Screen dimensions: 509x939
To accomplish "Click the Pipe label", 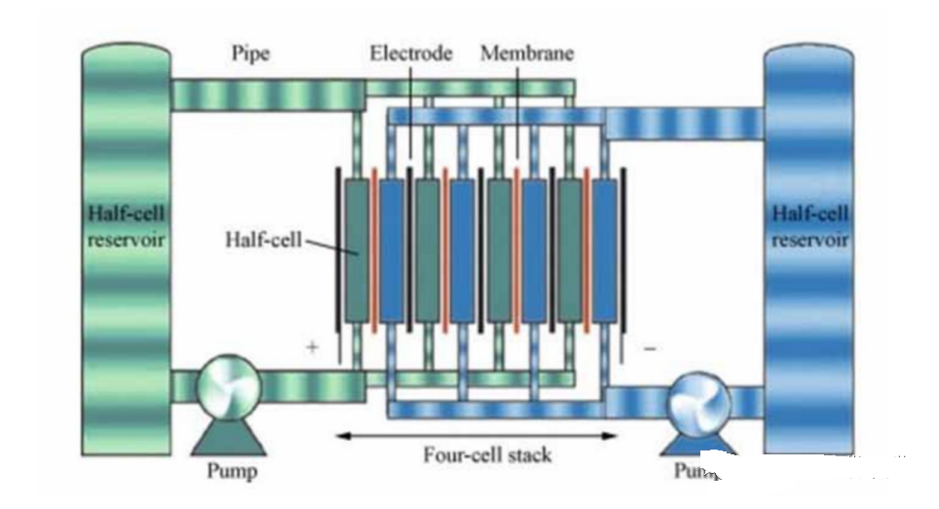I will pyautogui.click(x=250, y=54).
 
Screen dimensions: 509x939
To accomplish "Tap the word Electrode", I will pyautogui.click(x=410, y=54).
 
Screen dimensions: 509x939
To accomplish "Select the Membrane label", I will pyautogui.click(x=527, y=54).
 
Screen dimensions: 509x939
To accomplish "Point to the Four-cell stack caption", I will pyautogui.click(x=473, y=454).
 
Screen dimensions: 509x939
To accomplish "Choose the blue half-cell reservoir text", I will pyautogui.click(x=809, y=225).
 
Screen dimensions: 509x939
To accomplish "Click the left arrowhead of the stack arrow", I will pyautogui.click(x=341, y=436).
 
